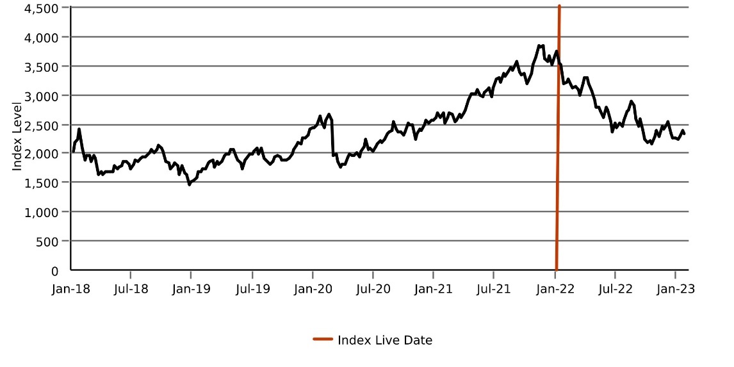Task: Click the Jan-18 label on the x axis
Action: click(70, 289)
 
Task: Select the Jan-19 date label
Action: click(191, 289)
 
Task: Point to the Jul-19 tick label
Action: click(252, 289)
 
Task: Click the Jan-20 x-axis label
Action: click(313, 289)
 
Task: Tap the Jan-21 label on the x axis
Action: click(434, 289)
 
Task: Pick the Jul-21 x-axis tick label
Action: click(494, 289)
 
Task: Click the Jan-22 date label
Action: click(555, 289)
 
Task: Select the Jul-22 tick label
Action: click(615, 289)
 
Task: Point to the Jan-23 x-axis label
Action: click(676, 289)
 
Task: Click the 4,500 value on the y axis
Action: click(41, 8)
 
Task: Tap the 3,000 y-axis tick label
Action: click(41, 95)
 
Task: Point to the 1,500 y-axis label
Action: click(41, 183)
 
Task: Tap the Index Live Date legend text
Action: click(385, 340)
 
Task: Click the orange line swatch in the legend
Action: click(322, 340)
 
